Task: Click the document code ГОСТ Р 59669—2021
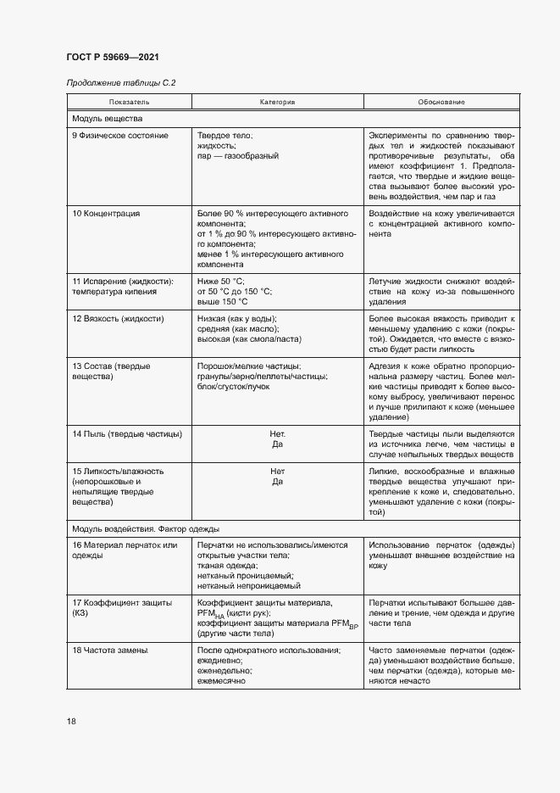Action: pos(112,57)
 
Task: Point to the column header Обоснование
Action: pos(441,103)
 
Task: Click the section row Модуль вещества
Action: pos(108,119)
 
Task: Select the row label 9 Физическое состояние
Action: pos(120,136)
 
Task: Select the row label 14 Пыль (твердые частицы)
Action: pos(127,434)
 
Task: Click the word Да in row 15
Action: pos(277,483)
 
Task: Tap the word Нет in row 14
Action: pos(277,434)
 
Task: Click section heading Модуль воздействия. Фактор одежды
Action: pos(147,528)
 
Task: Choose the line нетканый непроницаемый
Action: pos(248,586)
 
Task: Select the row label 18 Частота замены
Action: pos(110,650)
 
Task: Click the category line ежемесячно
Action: pos(221,681)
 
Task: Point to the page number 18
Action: pos(71,721)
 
